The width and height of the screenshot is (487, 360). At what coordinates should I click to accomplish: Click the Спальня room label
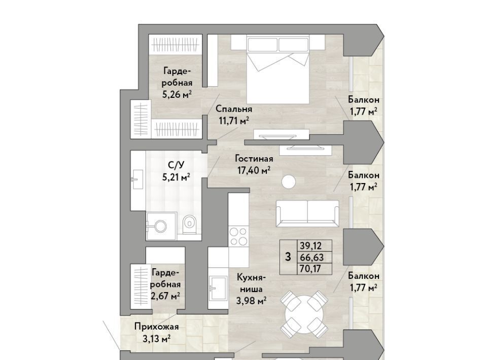(233, 109)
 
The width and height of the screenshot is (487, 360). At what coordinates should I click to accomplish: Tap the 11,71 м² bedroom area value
(234, 120)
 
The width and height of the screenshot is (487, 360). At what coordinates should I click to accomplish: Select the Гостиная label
(254, 159)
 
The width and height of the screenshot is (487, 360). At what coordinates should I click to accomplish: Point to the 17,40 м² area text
(254, 170)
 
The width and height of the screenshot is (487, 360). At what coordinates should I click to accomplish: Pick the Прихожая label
(157, 327)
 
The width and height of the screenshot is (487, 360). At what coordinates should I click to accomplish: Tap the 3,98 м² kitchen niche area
(251, 301)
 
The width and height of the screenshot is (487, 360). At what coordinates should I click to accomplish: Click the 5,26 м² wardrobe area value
(177, 94)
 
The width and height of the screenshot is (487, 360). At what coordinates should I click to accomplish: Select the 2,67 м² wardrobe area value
(165, 296)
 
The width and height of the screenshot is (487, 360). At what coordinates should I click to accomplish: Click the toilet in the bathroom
(189, 225)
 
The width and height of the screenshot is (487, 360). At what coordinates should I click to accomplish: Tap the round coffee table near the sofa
(289, 182)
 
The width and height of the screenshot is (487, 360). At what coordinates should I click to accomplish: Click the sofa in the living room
(307, 213)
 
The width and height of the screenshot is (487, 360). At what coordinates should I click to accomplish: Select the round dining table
(304, 314)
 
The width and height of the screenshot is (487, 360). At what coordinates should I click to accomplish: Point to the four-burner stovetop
(238, 236)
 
